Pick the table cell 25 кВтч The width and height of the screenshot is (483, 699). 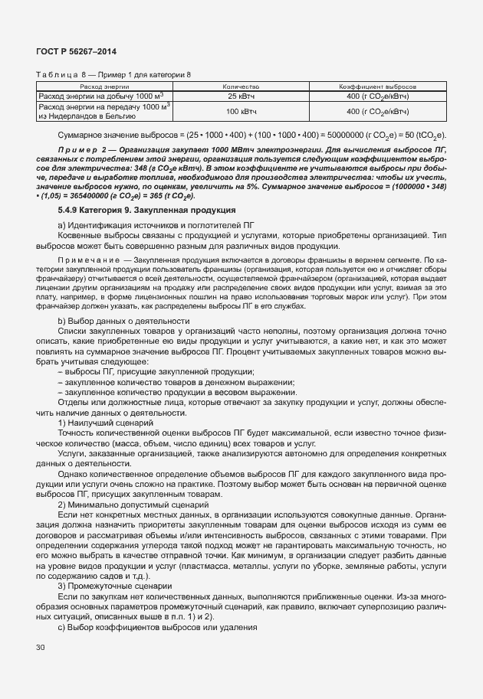click(242, 96)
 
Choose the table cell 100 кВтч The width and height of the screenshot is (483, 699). click(242, 112)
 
